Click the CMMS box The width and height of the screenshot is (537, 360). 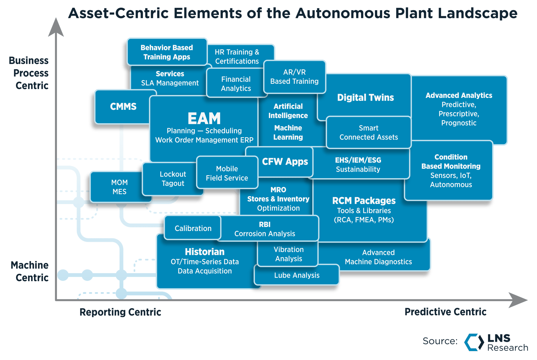pos(123,107)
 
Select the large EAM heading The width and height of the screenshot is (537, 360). pos(204,119)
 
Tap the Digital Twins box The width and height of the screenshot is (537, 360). pos(365,98)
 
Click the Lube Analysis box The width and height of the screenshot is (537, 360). pos(297,275)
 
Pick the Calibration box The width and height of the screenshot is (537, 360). pos(193,228)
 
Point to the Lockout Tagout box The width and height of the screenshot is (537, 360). pos(172,179)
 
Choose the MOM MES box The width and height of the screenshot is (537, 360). pos(119,187)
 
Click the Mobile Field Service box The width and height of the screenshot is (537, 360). pos(227,173)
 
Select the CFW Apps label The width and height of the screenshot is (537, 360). pos(285,161)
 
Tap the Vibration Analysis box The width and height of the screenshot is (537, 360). pos(288,254)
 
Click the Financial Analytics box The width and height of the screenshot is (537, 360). pos(236,84)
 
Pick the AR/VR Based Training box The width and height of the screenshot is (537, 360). pos(294,77)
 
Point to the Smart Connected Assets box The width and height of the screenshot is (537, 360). pos(368,133)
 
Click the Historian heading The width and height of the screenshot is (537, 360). pos(204,252)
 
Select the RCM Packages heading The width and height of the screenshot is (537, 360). pos(364,201)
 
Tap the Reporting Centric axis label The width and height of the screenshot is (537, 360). pos(120,312)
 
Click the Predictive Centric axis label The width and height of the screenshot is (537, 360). pos(445,312)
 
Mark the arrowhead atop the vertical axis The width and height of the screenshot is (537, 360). pos(56,28)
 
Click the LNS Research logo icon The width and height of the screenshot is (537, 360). pos(474,342)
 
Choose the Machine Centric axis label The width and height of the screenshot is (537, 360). pos(30,271)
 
